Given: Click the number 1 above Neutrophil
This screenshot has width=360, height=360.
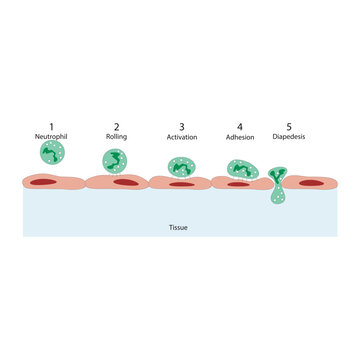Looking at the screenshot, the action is [51, 125].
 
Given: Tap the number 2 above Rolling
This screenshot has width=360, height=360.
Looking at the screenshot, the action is [116, 125].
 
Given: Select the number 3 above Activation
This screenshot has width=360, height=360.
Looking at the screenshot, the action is [181, 126].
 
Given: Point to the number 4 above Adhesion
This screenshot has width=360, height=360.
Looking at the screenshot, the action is [241, 126].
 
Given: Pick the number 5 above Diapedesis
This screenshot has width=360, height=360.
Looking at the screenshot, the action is [289, 126].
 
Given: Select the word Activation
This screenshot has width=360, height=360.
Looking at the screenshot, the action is [181, 136].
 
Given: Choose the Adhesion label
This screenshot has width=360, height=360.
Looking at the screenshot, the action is [241, 136].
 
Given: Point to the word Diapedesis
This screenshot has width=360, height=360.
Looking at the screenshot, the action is [289, 136].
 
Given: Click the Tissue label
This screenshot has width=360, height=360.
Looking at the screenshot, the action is [178, 227].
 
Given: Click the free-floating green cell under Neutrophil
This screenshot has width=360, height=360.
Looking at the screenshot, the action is [51, 153].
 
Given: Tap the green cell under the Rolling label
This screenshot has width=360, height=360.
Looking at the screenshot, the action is [116, 161].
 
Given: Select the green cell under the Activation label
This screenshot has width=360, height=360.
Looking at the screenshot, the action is [181, 166].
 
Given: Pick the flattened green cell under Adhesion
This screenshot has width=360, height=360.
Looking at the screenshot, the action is [241, 170].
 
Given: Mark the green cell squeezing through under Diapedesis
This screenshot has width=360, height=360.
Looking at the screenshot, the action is [276, 184].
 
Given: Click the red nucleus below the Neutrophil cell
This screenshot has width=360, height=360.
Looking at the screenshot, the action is [44, 182].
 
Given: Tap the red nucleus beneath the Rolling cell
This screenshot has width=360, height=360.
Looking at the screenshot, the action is [125, 182].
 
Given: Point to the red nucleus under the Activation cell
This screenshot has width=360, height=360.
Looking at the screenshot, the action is [181, 184].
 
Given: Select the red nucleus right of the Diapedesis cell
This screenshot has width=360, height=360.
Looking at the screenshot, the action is [311, 182].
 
